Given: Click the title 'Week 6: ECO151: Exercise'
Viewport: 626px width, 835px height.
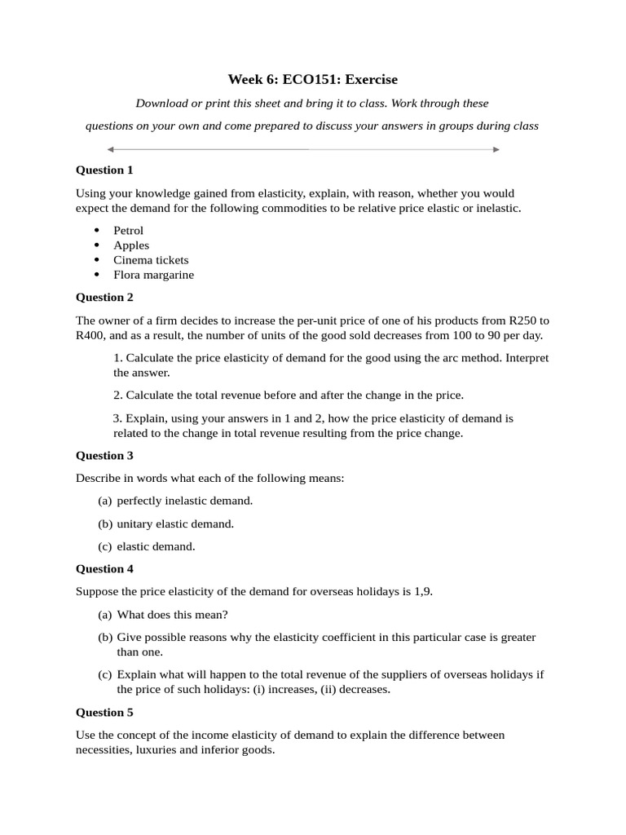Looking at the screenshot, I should [x=313, y=79].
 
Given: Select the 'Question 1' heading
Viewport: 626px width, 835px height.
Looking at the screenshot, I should [x=104, y=170].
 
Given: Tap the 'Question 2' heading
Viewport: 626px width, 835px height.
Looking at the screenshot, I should [x=104, y=298].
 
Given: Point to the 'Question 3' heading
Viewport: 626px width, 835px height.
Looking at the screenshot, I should [x=104, y=456].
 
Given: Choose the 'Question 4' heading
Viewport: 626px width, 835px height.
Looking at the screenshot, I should [x=104, y=569].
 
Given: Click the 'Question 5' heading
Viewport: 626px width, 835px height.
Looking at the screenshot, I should [x=104, y=713].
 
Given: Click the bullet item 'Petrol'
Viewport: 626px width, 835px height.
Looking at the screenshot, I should [x=128, y=231].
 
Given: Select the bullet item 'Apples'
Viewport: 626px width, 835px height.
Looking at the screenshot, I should [x=131, y=245].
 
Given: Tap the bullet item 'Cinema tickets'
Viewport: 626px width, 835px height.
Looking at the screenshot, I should [x=151, y=260].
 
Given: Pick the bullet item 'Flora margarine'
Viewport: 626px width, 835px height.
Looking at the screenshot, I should [x=153, y=275].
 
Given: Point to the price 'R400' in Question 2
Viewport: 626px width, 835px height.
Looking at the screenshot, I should [x=90, y=335].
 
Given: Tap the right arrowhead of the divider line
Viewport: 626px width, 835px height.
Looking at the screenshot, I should [x=496, y=149].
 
